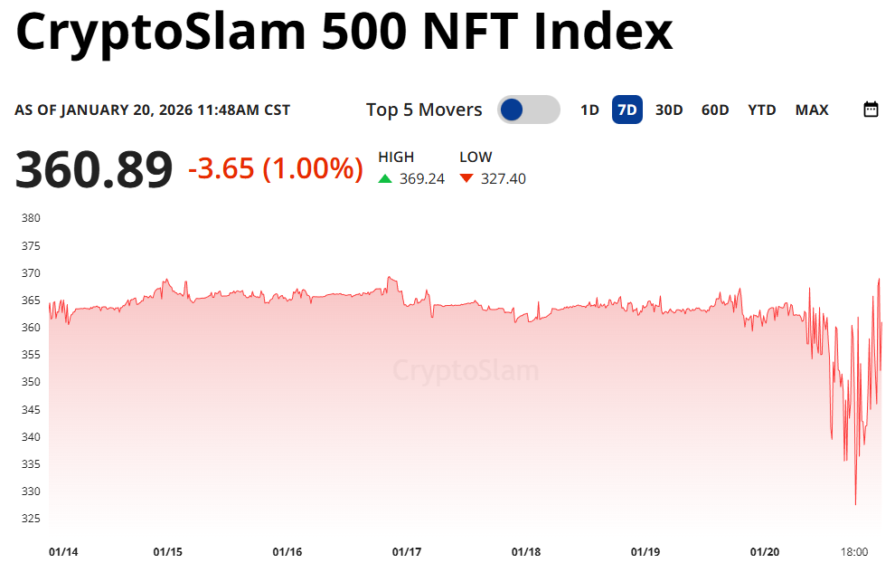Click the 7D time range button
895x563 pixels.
626,110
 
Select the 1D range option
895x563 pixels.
589,110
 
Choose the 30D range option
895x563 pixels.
669,110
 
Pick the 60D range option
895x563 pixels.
715,110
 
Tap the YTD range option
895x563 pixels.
762,110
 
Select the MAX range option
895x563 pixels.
812,110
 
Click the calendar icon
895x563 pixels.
871,110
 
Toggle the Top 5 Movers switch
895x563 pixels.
528,110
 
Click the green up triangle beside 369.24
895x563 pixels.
385,178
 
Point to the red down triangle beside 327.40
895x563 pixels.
466,178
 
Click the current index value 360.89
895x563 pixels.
94,170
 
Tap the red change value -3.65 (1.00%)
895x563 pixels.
276,167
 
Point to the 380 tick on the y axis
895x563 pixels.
31,218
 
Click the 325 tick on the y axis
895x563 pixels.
31,519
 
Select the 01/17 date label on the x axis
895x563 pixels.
407,551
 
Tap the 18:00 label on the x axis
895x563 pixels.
854,551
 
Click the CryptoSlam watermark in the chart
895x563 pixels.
466,371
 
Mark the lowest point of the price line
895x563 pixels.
855,504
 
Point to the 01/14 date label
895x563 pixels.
62,551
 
